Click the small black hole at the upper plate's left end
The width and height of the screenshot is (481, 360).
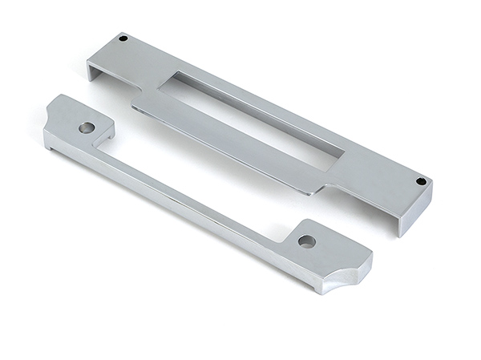pyautogui.click(x=123, y=38)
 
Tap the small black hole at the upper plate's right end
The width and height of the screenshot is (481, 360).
pyautogui.click(x=421, y=181)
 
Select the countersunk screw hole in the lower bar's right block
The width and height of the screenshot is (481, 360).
pyautogui.click(x=306, y=241)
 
